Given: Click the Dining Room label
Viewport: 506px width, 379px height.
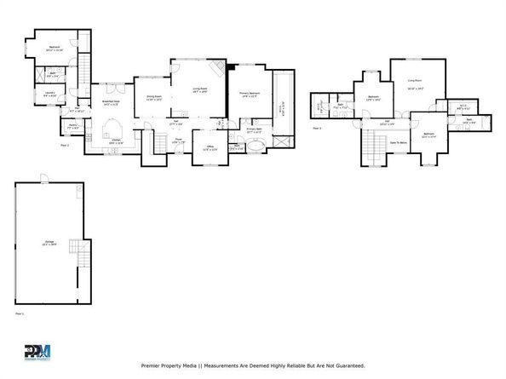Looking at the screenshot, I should click(x=153, y=99).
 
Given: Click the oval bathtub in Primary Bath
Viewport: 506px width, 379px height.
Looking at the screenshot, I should click(x=256, y=146).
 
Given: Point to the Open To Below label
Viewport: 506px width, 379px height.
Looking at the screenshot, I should click(x=397, y=143).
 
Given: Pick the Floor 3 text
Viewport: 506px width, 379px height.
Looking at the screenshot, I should click(x=316, y=127).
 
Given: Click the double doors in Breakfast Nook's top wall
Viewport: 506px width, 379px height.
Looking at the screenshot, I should click(x=111, y=83).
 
